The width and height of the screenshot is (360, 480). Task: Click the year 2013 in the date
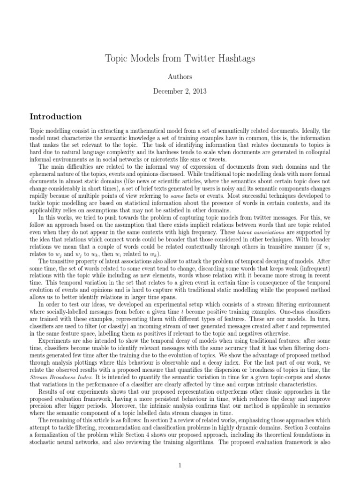click(197, 91)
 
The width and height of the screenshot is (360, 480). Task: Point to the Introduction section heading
click(56, 116)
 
